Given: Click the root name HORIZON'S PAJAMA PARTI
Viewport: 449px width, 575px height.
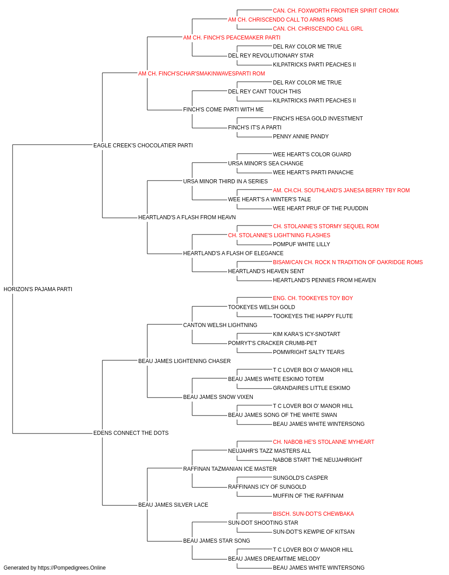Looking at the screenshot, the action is click(38, 289).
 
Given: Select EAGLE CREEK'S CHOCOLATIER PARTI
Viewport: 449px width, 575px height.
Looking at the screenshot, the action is click(143, 146).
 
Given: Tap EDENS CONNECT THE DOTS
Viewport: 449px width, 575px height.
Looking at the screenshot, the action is click(131, 433).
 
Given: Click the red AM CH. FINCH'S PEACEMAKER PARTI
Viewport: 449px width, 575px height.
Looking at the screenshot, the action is click(232, 38).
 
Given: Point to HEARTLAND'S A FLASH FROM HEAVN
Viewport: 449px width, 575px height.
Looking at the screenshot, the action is click(187, 217).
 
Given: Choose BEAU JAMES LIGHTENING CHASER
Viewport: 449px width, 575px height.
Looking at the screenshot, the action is click(184, 361).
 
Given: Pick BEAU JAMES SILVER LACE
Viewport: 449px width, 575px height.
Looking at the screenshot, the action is click(173, 505).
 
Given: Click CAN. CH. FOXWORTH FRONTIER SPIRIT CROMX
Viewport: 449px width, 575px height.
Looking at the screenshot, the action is click(336, 11).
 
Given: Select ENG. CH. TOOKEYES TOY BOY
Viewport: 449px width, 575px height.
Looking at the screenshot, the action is click(313, 298).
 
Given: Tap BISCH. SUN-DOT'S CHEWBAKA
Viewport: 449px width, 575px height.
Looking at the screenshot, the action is click(313, 514).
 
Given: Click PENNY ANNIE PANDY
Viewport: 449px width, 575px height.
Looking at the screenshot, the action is click(301, 137).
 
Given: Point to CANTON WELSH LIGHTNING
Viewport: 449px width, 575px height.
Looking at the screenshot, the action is click(220, 325).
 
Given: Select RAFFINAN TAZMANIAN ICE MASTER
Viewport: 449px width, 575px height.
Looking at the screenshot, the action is click(230, 469).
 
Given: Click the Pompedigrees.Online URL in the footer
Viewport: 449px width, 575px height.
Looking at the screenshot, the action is click(72, 568).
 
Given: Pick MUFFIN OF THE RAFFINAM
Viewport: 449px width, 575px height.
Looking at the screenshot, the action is click(308, 496).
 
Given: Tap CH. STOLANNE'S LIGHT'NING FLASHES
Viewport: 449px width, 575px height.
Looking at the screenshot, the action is click(279, 235).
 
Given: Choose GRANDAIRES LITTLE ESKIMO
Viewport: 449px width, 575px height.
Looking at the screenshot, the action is click(312, 388).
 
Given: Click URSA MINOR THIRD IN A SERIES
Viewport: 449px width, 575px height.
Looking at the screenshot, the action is click(225, 181).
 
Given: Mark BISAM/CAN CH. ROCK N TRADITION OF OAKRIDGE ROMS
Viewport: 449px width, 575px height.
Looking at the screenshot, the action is click(348, 262).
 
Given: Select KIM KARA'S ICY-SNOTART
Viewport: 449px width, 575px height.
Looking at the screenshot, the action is click(307, 334).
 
